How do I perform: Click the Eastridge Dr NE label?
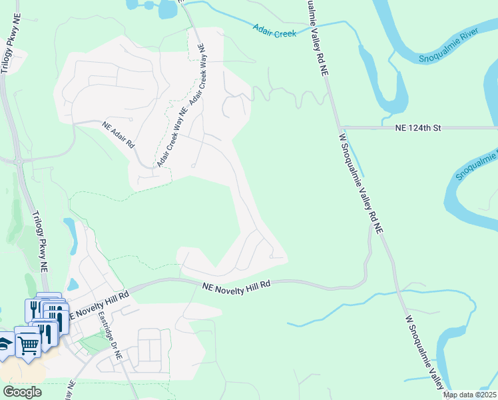point(110,337)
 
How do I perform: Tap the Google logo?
point(22,392)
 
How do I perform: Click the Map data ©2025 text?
point(469,395)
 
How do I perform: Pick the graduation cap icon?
point(5,344)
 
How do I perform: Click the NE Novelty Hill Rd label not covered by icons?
point(236,285)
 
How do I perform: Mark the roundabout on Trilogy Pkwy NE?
point(19,160)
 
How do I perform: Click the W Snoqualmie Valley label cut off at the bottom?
point(427,353)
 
